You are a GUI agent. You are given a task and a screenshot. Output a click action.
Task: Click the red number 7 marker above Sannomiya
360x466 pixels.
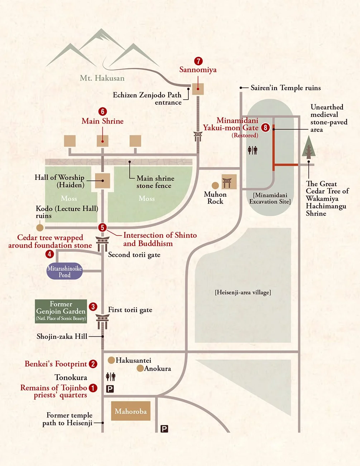tap(198, 61)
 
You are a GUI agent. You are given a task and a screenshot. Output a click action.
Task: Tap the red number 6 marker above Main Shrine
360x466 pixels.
tap(102, 111)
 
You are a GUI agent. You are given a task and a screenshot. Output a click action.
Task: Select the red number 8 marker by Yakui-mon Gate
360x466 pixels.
tap(265, 128)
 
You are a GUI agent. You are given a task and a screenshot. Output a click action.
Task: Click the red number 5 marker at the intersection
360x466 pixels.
tap(102, 228)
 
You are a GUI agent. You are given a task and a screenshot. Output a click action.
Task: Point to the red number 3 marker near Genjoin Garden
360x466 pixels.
tap(93, 307)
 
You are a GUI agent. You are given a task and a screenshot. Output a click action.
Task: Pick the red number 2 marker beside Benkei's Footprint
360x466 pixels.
tap(93, 364)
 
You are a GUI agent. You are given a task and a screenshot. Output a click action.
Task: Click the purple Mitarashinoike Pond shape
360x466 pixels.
tap(64, 272)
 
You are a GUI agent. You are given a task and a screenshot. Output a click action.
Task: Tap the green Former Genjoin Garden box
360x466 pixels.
tap(61, 311)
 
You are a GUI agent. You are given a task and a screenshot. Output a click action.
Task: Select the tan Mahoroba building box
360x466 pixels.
tap(131, 411)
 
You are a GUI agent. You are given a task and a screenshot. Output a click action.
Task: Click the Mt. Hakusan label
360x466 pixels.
tap(102, 78)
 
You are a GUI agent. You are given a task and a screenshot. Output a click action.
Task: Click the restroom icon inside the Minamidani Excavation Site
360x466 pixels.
tap(253, 150)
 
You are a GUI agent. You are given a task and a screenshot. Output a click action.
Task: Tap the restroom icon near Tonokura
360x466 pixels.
tap(111, 376)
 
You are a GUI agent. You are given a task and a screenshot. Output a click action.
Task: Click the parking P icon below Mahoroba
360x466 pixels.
tap(164, 429)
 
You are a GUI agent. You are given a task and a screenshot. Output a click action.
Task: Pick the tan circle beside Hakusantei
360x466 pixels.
tap(111, 360)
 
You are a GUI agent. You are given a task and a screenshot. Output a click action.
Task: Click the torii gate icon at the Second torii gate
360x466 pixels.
tap(102, 243)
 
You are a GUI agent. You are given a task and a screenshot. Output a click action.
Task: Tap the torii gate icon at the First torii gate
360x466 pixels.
tap(102, 321)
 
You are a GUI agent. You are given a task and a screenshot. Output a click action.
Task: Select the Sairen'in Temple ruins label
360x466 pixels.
tap(285, 88)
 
